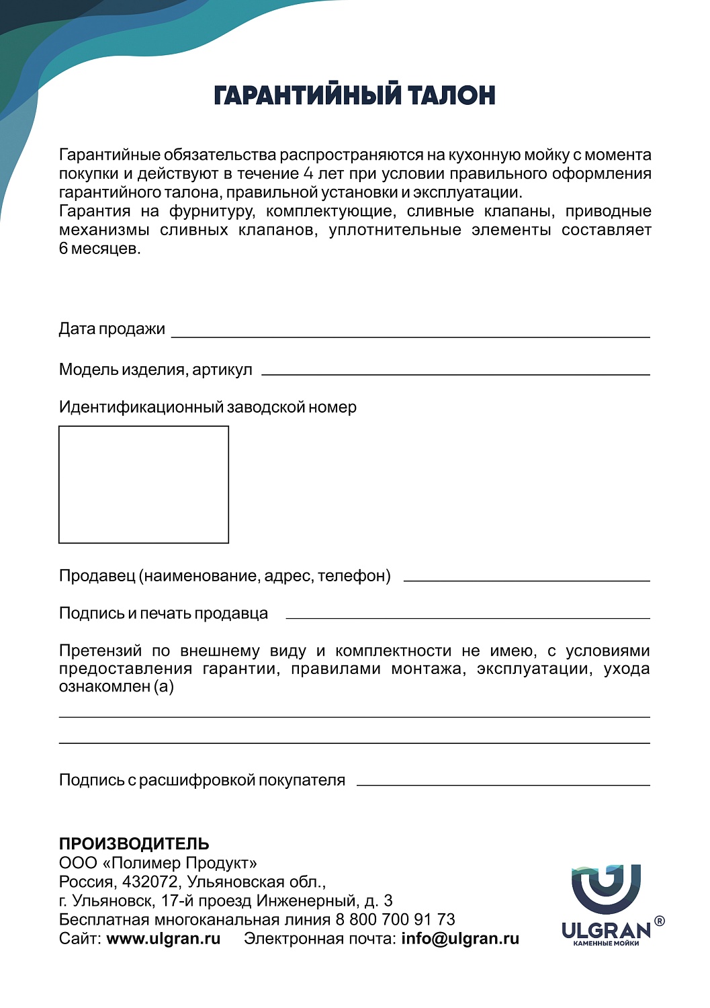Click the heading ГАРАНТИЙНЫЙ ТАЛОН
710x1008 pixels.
tap(354, 95)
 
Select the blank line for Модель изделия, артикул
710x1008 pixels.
tap(455, 373)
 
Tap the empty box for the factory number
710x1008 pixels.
tap(144, 484)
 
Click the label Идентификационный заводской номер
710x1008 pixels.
tap(208, 407)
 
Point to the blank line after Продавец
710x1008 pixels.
tap(527, 579)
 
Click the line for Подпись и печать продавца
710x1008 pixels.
tap(468, 617)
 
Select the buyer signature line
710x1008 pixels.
tap(503, 784)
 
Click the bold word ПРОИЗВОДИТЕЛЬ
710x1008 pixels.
tap(134, 844)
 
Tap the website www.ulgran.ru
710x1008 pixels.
tap(163, 939)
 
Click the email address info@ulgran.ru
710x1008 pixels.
tap(460, 939)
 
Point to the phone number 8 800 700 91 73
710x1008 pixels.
tap(396, 919)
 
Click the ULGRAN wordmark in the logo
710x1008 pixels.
tap(606, 931)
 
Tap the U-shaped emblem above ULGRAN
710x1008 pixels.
tap(606, 889)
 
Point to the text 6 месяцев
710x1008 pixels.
tap(99, 249)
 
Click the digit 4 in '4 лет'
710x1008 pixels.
tap(308, 174)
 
